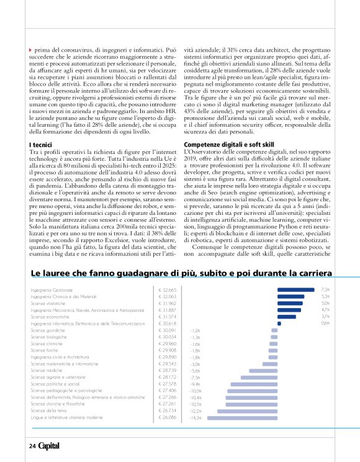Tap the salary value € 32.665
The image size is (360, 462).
pos(168,290)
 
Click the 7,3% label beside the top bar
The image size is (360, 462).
pos(325,290)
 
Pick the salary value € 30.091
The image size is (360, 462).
pos(168,330)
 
